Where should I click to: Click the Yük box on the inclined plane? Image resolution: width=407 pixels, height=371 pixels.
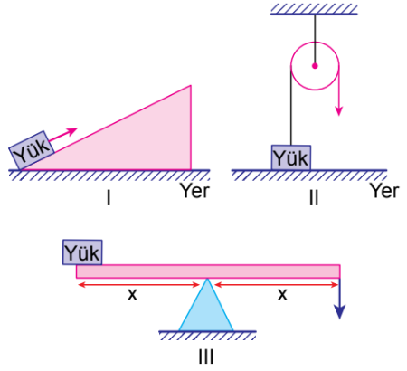click(x=32, y=150)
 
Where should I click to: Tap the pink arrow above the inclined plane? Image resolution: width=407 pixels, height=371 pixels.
click(x=62, y=135)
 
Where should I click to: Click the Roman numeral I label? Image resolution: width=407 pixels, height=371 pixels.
click(x=109, y=198)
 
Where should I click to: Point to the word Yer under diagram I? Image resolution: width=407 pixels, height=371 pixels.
click(x=194, y=191)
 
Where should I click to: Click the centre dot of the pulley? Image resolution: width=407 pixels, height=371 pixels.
click(x=315, y=66)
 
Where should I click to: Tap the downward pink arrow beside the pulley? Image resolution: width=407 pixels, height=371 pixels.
click(x=339, y=90)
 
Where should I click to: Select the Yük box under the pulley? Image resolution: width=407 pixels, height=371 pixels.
click(x=291, y=157)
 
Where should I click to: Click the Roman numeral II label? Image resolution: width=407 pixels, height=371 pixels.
click(x=314, y=198)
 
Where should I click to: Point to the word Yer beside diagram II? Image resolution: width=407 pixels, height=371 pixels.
click(x=384, y=191)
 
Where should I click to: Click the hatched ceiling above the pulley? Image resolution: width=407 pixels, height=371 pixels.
click(x=314, y=9)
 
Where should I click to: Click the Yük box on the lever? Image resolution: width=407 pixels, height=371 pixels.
click(x=82, y=252)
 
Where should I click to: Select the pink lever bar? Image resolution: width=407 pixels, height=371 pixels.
click(x=208, y=271)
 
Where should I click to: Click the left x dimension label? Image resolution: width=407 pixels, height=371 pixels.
click(x=132, y=294)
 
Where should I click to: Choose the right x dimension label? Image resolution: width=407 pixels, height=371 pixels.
click(x=282, y=294)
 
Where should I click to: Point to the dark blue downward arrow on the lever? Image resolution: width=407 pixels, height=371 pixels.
click(x=340, y=298)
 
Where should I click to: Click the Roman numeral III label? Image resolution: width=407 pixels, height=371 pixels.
click(x=206, y=357)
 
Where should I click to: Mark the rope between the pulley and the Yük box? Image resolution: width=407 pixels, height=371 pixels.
click(x=291, y=106)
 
